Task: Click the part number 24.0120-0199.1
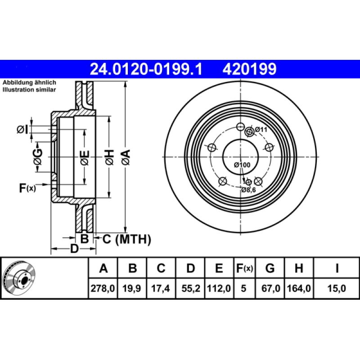coord(147,69)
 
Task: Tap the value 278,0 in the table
coord(103,288)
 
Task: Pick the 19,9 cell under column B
coord(132,288)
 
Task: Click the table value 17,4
coord(161,288)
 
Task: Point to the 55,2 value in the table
coord(190,288)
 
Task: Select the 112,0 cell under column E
coord(219,288)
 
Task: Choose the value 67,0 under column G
coord(270,288)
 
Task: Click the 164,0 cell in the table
coord(298,288)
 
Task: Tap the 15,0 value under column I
coord(337,288)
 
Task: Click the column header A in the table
coord(103,269)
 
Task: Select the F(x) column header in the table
coord(245,269)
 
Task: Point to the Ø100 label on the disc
coord(242,165)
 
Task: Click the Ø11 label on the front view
coord(261,130)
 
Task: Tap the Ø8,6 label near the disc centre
coord(248,190)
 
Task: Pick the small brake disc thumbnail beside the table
coord(18,279)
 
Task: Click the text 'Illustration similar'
coord(29,90)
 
